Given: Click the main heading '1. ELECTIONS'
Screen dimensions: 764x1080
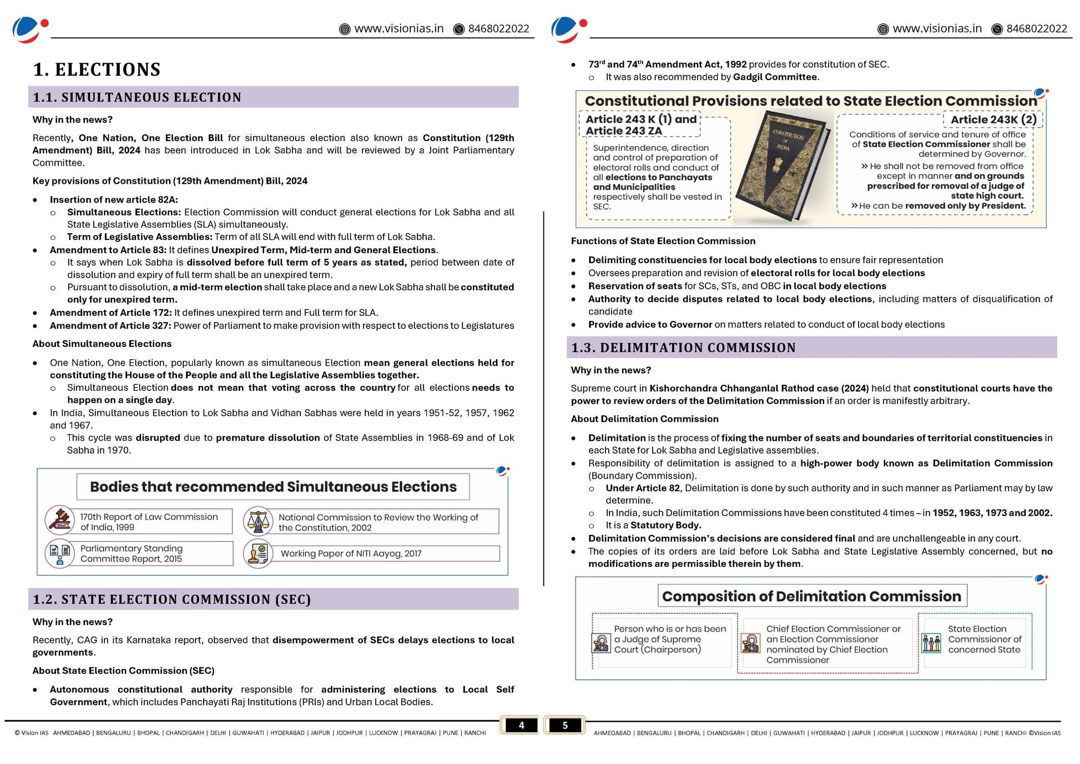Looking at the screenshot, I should [x=97, y=69].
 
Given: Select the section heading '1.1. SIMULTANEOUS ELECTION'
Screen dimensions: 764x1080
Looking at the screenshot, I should [x=137, y=97].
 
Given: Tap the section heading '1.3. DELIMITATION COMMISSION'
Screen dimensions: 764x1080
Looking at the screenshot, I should [x=683, y=348].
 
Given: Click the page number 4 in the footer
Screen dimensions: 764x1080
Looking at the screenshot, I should [x=521, y=725].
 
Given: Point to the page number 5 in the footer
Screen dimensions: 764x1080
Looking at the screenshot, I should [x=565, y=725].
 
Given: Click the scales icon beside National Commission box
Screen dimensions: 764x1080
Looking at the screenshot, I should [x=258, y=521].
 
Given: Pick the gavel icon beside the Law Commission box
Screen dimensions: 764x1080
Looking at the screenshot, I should [x=60, y=520].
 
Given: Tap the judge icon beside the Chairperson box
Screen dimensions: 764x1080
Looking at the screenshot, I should [x=600, y=643].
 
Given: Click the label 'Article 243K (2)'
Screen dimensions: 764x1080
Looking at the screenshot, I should [x=993, y=119].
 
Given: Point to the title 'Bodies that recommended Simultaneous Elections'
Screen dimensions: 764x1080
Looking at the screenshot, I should [x=273, y=487].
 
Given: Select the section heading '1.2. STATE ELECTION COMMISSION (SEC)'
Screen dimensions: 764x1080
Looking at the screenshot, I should [x=171, y=599].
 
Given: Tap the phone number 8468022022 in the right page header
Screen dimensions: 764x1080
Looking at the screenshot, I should [x=1036, y=29].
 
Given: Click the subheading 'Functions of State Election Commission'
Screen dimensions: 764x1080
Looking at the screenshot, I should [x=663, y=241].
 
